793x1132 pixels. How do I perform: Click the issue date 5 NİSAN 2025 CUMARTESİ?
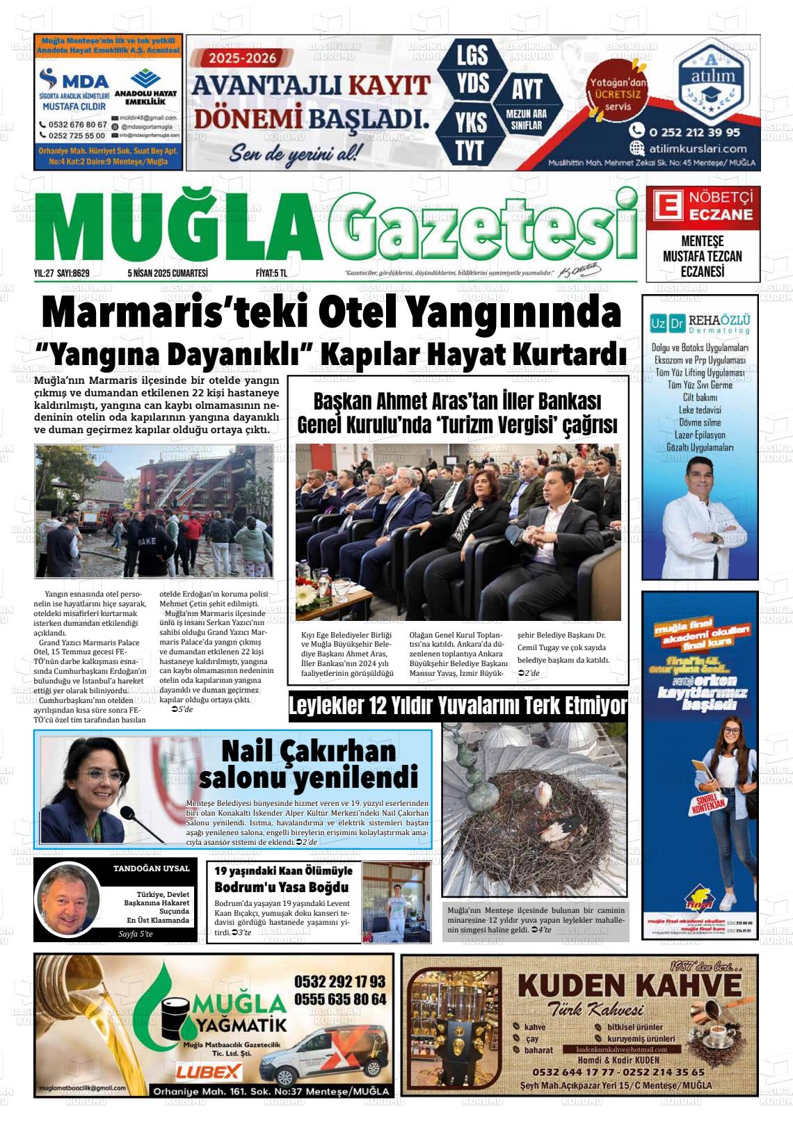(x=168, y=274)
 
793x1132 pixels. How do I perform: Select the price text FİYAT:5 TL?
(x=271, y=274)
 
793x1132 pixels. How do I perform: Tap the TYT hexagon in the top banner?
(x=471, y=149)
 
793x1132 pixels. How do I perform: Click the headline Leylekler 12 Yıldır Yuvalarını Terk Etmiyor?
(x=458, y=706)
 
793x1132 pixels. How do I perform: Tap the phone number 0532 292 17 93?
(x=339, y=982)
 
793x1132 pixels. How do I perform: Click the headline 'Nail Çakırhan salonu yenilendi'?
(x=308, y=763)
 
